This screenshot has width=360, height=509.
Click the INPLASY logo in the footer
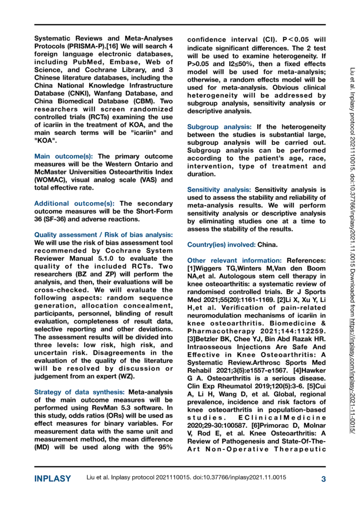[x=52, y=479]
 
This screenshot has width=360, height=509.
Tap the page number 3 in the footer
[x=323, y=479]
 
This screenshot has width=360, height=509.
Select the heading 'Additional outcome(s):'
[x=75, y=203]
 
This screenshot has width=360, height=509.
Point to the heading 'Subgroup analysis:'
[x=218, y=127]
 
